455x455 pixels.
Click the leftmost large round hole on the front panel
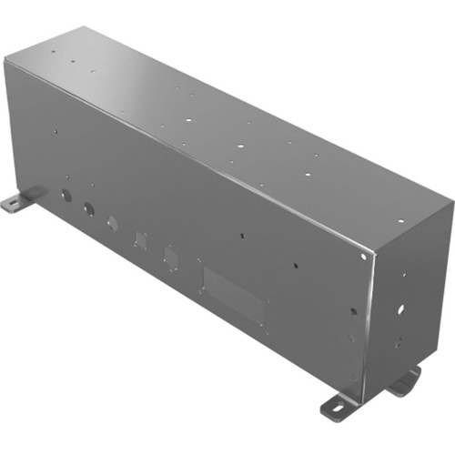click(66, 195)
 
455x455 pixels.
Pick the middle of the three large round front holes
click(88, 208)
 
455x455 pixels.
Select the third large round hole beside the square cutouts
click(112, 223)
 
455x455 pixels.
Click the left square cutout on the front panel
click(140, 239)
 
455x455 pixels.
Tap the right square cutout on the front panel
click(170, 257)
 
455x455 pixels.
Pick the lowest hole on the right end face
click(397, 345)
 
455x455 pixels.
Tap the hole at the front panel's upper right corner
click(363, 258)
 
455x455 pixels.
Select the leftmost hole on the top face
click(52, 52)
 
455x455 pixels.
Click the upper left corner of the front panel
click(5, 60)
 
